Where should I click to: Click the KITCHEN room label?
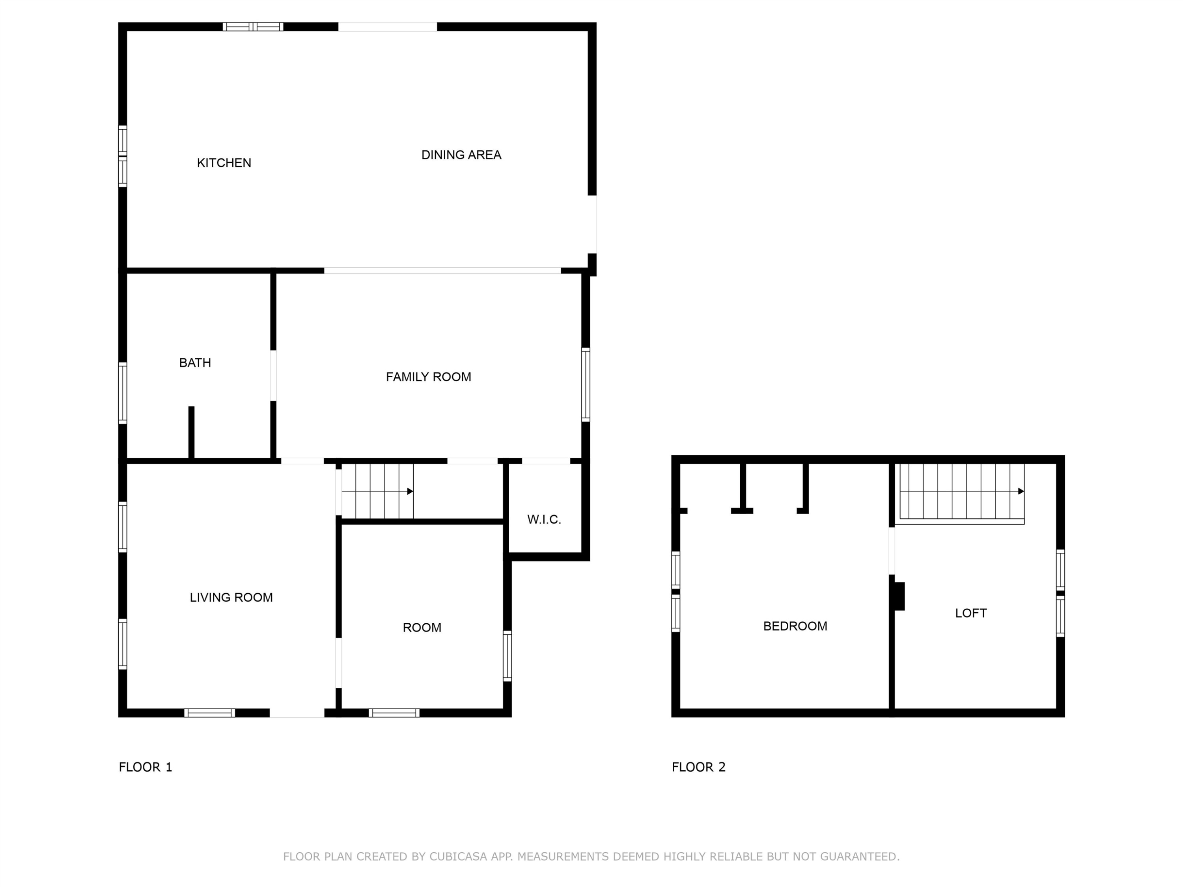(x=224, y=162)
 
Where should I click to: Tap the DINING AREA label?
(x=461, y=155)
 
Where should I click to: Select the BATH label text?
(x=195, y=363)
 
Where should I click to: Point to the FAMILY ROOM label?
(x=428, y=377)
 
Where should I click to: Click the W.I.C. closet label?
(x=544, y=519)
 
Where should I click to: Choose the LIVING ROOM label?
(x=231, y=597)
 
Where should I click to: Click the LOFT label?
(x=971, y=613)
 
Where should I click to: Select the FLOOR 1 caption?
(x=146, y=767)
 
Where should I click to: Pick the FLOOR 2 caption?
(x=698, y=767)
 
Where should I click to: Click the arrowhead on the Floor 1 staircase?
(x=410, y=491)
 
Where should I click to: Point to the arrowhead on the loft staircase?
(x=1021, y=491)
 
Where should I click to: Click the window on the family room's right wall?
(x=586, y=384)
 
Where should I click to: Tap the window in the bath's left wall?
(x=123, y=393)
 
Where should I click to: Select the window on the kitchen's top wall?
(x=253, y=27)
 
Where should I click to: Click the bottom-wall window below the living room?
(x=210, y=713)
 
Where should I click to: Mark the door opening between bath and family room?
(x=273, y=375)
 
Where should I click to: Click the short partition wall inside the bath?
(x=191, y=432)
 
